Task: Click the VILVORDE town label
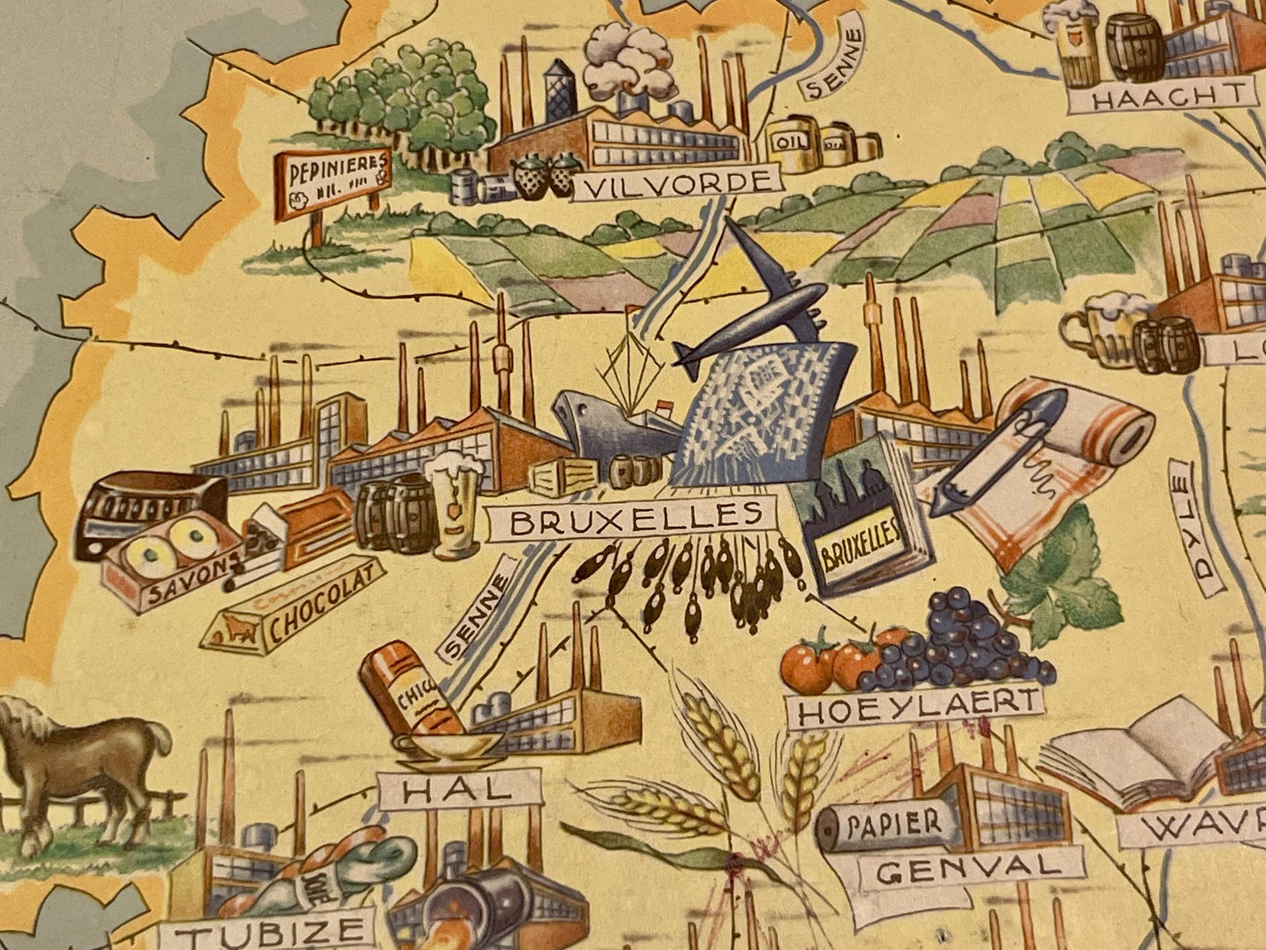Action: tap(676, 184)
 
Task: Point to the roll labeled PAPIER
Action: tap(883, 825)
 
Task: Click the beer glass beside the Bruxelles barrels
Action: tap(455, 504)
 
